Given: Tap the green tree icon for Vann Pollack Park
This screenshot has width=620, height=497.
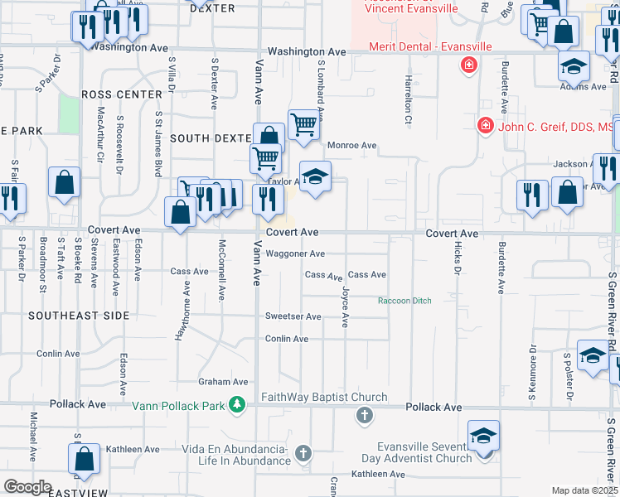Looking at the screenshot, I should tap(238, 405).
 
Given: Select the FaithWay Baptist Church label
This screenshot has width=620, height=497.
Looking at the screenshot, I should tap(324, 397).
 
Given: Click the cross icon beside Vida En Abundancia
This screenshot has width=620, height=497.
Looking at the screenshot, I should tap(303, 453).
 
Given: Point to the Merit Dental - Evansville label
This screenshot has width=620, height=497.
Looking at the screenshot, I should tap(430, 46).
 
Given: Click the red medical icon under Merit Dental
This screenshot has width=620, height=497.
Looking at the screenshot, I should tap(469, 65).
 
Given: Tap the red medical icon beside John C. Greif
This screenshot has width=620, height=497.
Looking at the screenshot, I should tap(485, 126).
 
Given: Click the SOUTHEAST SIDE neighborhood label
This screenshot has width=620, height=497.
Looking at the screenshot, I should tap(79, 316).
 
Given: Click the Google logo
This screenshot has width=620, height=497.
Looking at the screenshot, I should tap(27, 487).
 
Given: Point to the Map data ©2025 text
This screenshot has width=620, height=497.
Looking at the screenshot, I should tap(584, 490).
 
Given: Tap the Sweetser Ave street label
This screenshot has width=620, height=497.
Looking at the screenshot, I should tap(293, 316).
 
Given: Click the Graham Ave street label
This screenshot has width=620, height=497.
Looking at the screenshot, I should tap(223, 382).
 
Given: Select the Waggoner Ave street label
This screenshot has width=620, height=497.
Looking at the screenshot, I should tap(294, 253).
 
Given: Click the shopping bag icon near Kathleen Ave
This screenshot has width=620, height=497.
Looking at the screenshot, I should tap(84, 458).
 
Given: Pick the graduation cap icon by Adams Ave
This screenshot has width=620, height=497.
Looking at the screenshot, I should tap(573, 65).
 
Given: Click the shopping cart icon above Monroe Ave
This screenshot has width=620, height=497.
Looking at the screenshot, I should tap(304, 124).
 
